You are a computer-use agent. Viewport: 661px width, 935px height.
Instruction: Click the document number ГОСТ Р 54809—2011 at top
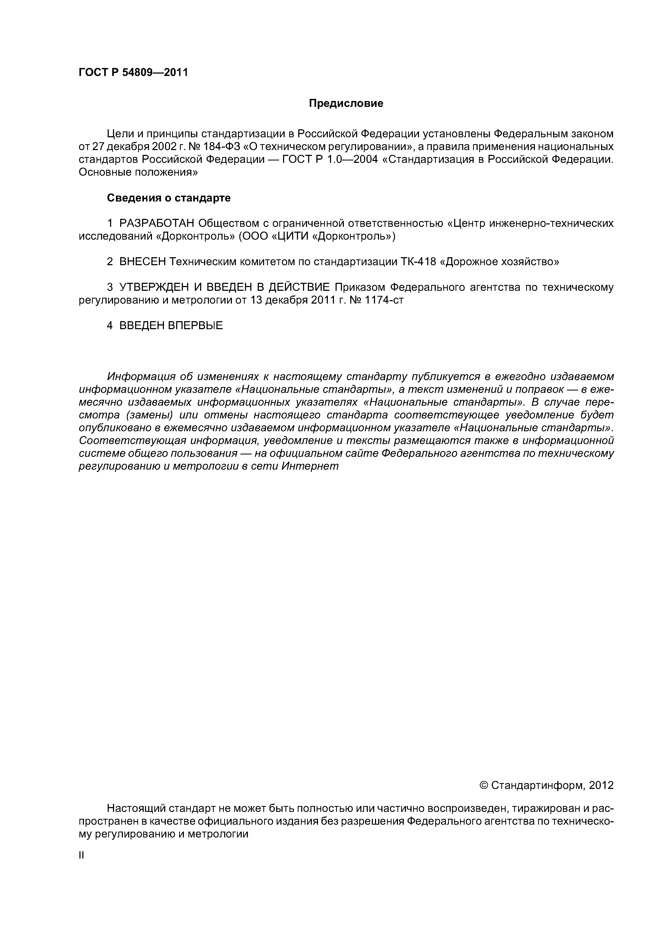pos(133,72)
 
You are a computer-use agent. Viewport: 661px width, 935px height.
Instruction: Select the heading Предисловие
pos(346,103)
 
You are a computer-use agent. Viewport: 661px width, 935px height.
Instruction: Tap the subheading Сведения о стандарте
pos(169,198)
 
